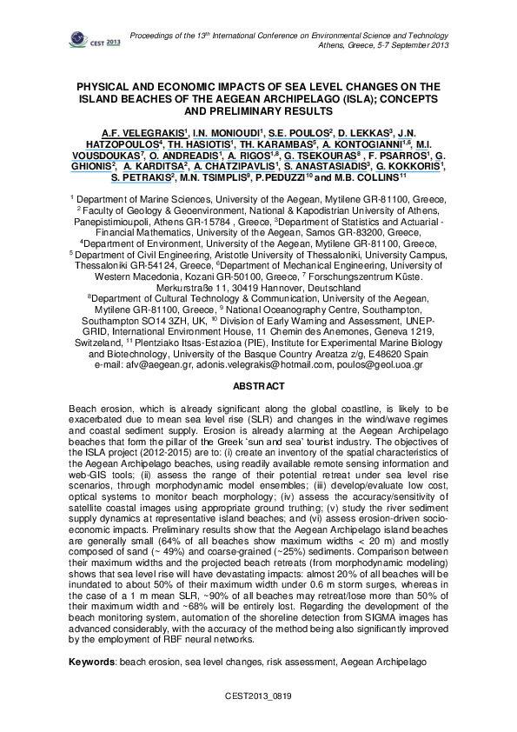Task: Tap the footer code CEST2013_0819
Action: [257, 696]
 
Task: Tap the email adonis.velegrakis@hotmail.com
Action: [258, 365]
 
